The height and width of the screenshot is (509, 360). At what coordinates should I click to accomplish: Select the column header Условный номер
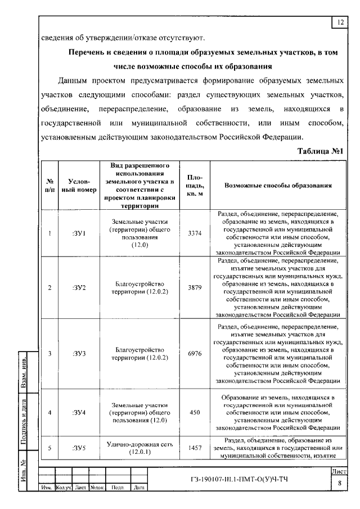point(78,186)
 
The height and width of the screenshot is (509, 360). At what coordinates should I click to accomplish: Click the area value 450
point(195,412)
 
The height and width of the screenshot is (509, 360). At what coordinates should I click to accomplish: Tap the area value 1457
point(195,448)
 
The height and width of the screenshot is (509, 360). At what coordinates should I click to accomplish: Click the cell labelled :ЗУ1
point(78,233)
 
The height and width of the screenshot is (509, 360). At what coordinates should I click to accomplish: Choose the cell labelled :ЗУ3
point(78,353)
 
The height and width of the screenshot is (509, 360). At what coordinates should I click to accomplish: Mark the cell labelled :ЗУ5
point(78,448)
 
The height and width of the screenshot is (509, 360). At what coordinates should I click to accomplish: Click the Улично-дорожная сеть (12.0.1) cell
point(138,448)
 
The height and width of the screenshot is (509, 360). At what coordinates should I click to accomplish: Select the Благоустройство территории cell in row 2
point(138,287)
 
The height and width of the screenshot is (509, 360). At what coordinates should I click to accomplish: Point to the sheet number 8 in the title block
point(339,483)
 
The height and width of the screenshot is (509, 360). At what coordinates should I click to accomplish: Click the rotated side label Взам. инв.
point(25,372)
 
